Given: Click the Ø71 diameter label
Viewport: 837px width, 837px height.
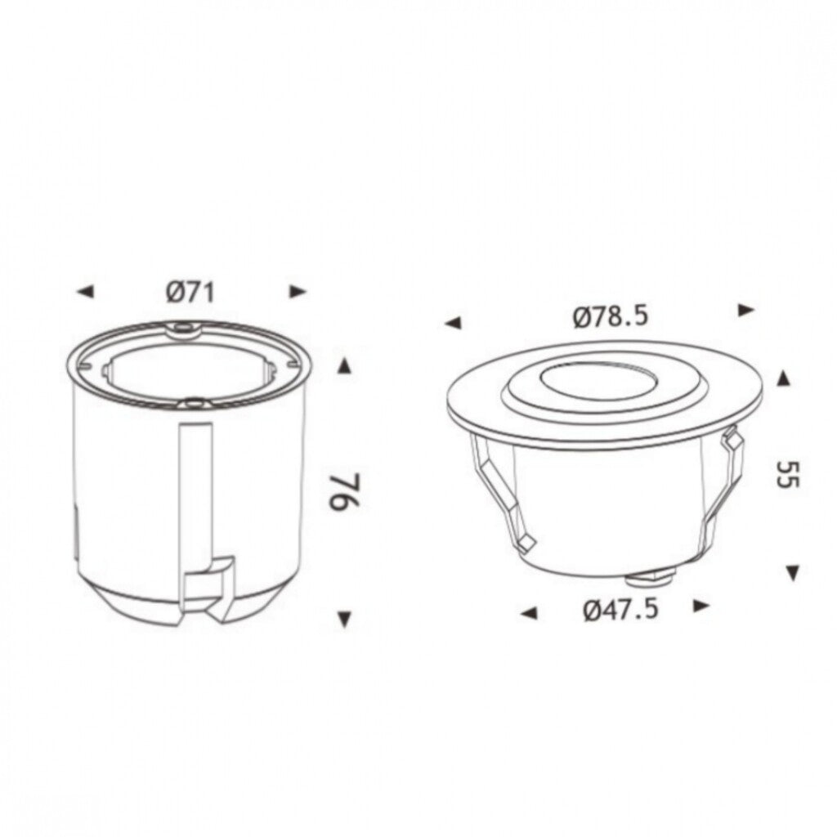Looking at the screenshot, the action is [190, 293].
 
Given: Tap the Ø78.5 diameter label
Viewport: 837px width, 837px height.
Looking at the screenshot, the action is [610, 316].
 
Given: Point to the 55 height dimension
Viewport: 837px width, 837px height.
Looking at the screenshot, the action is [787, 474].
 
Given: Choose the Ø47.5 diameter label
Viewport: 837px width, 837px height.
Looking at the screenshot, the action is [621, 609].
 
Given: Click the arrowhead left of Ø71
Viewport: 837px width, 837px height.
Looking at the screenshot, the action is [85, 292].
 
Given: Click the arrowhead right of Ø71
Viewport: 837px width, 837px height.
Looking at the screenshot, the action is [298, 292].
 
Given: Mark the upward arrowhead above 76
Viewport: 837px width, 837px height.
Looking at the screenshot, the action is [345, 367].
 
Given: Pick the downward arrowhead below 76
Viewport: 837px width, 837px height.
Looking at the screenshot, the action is [345, 620].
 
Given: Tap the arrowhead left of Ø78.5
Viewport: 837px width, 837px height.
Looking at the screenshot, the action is [453, 323].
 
